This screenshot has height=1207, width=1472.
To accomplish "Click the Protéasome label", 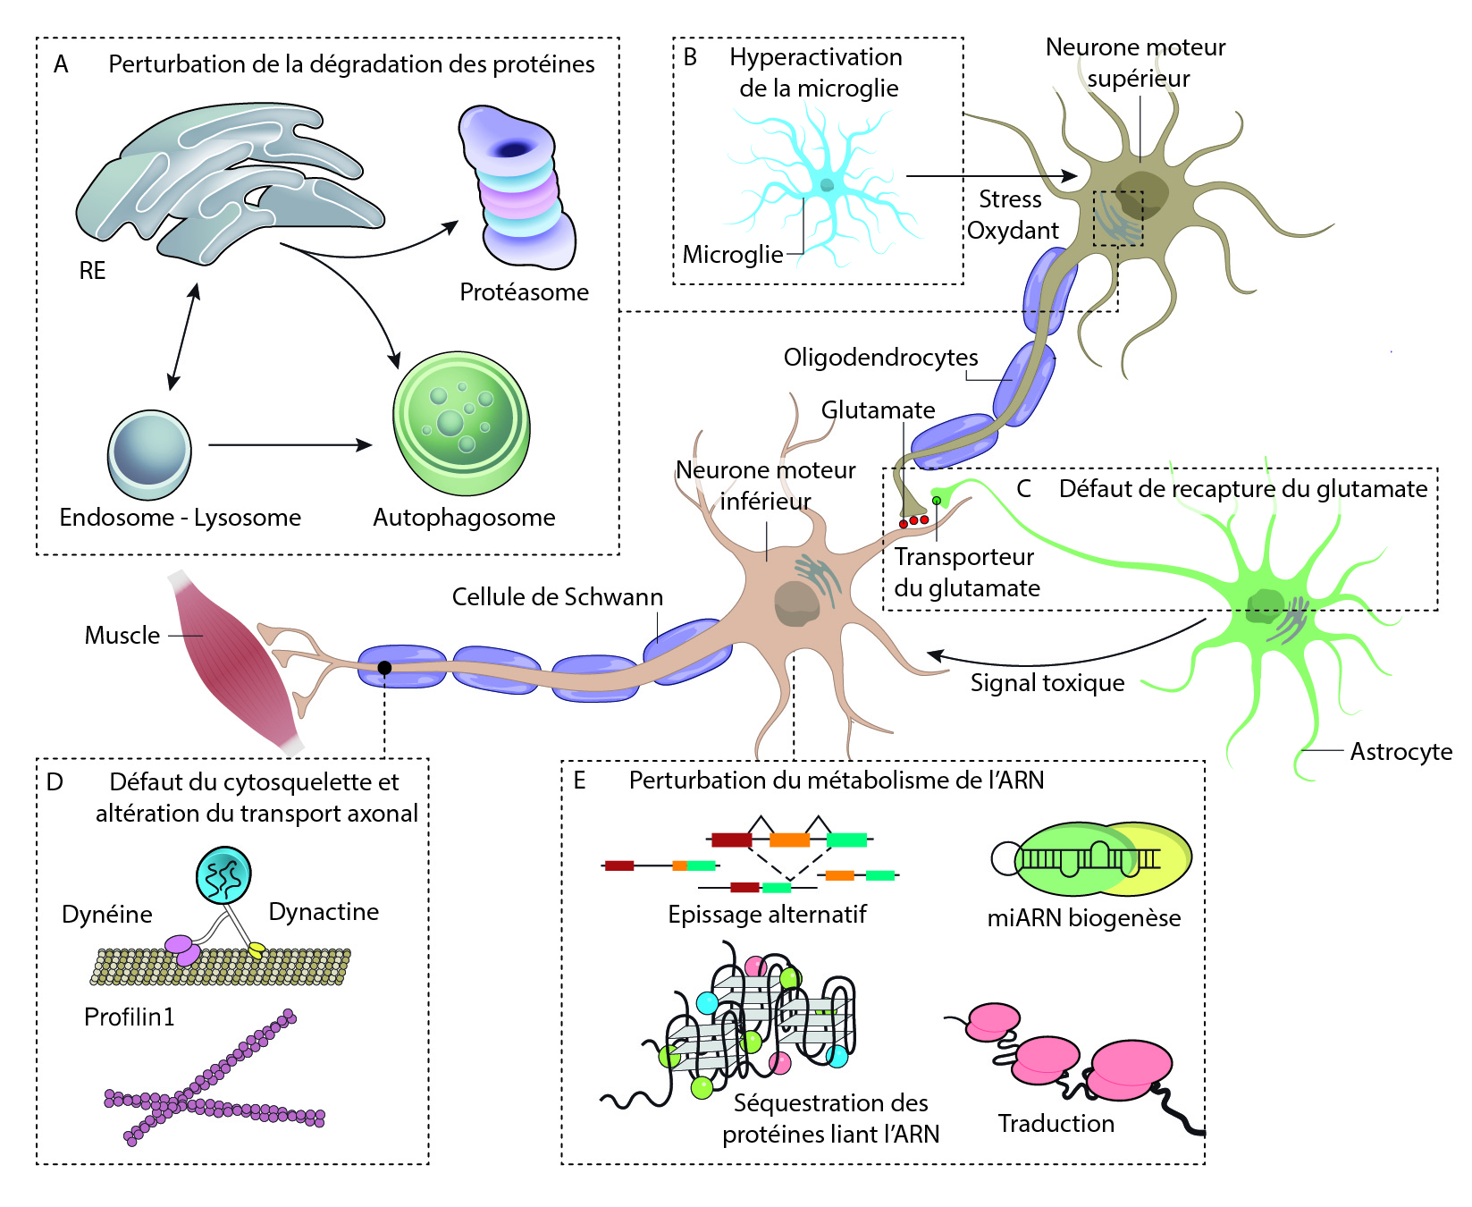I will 524,292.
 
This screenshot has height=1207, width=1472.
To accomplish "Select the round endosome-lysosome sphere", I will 149,454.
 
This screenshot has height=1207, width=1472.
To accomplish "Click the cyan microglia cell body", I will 827,185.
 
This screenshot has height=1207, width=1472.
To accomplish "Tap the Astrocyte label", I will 1401,752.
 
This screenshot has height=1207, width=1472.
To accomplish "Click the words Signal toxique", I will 1047,683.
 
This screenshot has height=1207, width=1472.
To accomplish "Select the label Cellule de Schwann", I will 557,597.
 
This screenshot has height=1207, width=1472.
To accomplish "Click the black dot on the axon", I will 384,668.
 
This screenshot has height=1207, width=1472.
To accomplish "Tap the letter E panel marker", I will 579,781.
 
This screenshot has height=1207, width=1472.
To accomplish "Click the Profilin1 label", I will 129,1017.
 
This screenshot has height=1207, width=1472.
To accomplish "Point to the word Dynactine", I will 324,912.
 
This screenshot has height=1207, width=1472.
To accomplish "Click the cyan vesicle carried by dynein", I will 223,874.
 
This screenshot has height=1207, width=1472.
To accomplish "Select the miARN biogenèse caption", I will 1083,918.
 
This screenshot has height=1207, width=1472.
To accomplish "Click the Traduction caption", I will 1056,1124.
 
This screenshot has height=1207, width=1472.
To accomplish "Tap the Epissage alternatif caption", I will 767,915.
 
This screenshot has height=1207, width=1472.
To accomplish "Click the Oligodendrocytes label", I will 880,358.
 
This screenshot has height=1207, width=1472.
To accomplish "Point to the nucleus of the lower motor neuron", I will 795,603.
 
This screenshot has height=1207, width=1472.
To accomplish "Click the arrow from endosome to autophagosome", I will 290,444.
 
